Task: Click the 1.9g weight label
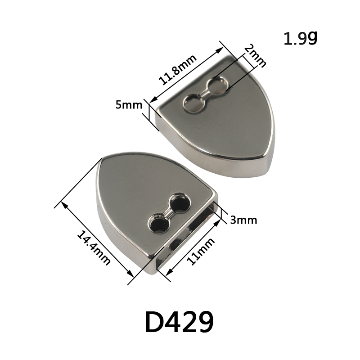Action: pyautogui.click(x=300, y=38)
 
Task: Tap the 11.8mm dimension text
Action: pyautogui.click(x=177, y=70)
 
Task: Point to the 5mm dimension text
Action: pyautogui.click(x=129, y=105)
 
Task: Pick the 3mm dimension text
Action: pyautogui.click(x=243, y=220)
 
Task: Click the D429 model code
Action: pyautogui.click(x=180, y=322)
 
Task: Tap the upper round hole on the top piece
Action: pyautogui.click(x=217, y=85)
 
